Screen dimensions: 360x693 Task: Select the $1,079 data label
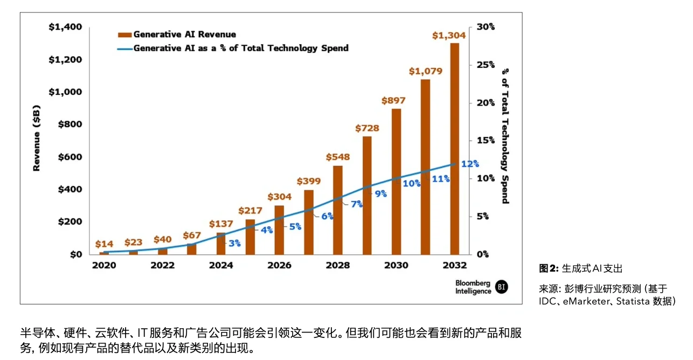click(425, 71)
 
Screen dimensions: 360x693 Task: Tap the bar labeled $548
click(338, 210)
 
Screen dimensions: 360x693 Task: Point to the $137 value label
click(220, 224)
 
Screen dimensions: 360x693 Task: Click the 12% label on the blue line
click(470, 164)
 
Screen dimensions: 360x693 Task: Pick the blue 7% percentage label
click(357, 204)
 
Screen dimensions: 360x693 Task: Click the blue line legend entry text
click(240, 48)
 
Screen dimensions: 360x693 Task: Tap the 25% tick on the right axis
click(485, 65)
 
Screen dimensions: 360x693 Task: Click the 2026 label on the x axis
click(279, 265)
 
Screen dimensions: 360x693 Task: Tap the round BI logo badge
click(501, 287)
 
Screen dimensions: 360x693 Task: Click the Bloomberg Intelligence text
click(473, 287)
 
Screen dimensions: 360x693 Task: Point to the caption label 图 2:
click(549, 268)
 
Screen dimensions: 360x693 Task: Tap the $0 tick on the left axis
click(76, 254)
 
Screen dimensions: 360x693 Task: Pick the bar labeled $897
click(396, 181)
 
